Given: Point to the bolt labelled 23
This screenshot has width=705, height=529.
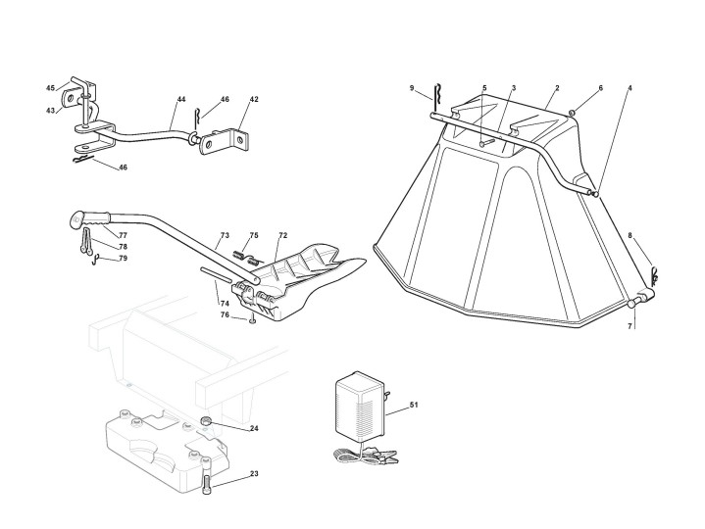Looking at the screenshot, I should point(209,483).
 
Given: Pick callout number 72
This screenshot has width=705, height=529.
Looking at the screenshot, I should point(282,236).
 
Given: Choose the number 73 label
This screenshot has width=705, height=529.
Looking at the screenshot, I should point(225,236).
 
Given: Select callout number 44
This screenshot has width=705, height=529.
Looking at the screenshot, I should point(181,100).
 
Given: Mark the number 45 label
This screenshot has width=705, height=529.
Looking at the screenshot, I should point(50,88).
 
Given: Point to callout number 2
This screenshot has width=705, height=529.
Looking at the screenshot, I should point(557,88).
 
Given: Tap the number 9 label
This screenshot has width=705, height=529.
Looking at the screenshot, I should point(412,88).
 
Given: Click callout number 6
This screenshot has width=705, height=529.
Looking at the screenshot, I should point(601,88).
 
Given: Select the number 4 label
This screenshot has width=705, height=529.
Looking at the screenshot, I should point(629,88).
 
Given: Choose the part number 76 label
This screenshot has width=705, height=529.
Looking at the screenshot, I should point(225,314).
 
